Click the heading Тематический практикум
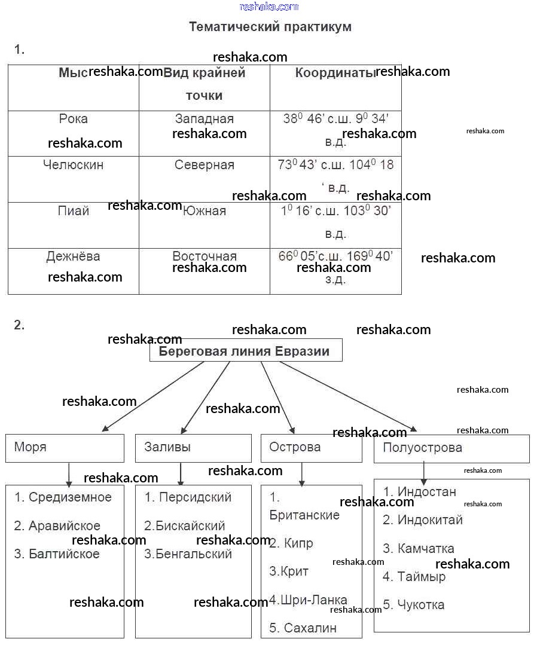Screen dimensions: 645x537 270,27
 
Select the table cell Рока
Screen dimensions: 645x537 74,119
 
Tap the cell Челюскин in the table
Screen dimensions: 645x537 74,165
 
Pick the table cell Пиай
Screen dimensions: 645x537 74,211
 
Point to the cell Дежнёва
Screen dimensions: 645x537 74,256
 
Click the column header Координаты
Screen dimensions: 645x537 335,74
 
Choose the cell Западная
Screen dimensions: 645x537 205,119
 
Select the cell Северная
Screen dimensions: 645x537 205,165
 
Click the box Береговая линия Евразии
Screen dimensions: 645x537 245,351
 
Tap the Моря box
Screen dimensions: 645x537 65,448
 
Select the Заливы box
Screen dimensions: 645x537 193,448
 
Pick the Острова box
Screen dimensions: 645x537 311,448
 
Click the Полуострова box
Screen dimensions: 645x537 451,448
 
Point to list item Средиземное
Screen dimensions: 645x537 63,497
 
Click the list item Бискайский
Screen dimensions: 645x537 185,526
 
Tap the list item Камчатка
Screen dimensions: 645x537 419,549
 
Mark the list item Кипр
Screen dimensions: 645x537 291,543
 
